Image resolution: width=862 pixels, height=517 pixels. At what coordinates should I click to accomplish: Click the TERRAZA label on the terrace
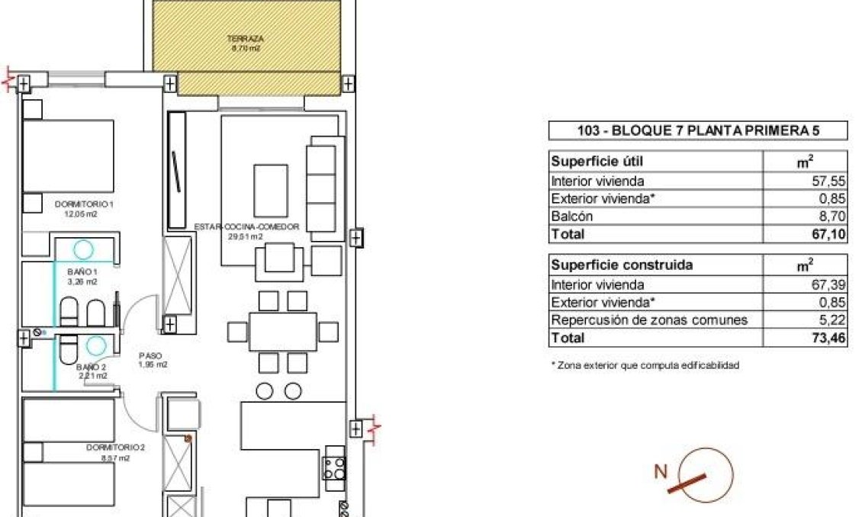(x=245, y=38)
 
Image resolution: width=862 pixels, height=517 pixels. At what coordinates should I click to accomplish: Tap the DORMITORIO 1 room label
(x=85, y=204)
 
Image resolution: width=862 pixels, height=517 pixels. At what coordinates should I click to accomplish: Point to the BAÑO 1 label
(x=82, y=271)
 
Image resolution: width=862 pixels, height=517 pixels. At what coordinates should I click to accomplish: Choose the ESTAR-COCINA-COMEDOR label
(x=246, y=226)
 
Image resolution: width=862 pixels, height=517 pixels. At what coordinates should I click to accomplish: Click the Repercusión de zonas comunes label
(x=649, y=320)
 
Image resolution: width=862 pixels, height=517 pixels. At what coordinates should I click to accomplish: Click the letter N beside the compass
(x=661, y=472)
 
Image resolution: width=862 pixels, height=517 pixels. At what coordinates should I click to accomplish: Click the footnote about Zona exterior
(x=645, y=365)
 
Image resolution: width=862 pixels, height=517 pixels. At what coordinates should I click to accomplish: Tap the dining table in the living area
(x=283, y=332)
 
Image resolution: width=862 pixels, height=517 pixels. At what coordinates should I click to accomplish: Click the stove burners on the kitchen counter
(x=335, y=467)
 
